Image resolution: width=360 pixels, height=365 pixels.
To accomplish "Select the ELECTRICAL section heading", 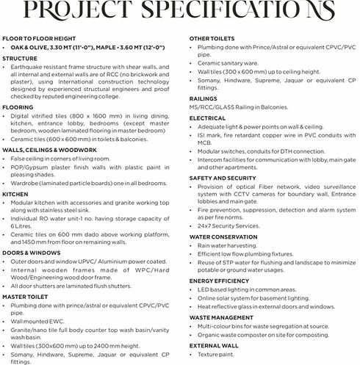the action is [x=207, y=117].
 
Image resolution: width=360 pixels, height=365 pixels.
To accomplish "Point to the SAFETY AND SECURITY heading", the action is [x=223, y=177].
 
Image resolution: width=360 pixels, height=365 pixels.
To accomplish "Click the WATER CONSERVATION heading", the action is [x=224, y=237].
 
